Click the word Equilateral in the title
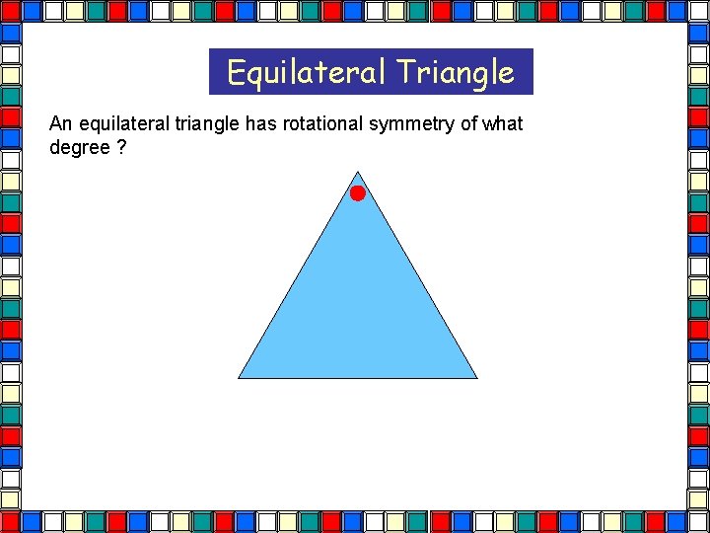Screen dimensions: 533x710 tap(307, 72)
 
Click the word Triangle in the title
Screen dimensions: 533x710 tap(456, 72)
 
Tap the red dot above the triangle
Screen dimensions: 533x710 tap(357, 192)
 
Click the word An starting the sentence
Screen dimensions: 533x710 tap(60, 124)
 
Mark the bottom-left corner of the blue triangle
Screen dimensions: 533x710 tap(240, 377)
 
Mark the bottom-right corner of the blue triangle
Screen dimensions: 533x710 tap(476, 377)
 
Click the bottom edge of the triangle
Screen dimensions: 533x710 tap(357, 378)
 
